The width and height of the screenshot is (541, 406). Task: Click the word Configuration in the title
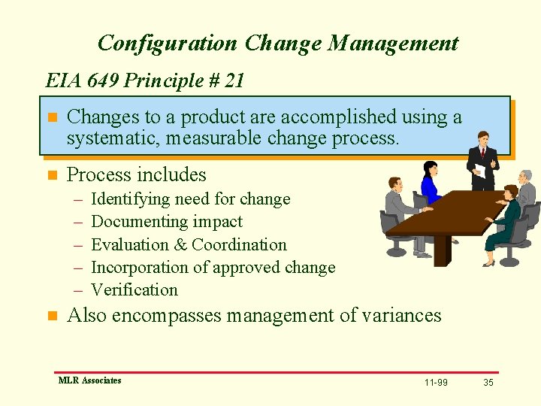[x=168, y=44]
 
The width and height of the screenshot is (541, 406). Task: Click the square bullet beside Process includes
[x=52, y=175]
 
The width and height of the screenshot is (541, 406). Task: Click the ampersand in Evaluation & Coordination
[x=180, y=244]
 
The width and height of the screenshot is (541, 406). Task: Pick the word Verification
[x=134, y=289]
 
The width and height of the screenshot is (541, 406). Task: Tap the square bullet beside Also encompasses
[x=52, y=316]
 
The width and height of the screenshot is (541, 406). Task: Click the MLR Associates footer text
[x=89, y=380]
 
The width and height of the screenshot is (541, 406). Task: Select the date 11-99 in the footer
[x=436, y=383]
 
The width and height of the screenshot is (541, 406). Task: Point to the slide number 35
[x=488, y=383]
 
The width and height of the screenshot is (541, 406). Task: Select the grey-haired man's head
[x=525, y=176]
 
